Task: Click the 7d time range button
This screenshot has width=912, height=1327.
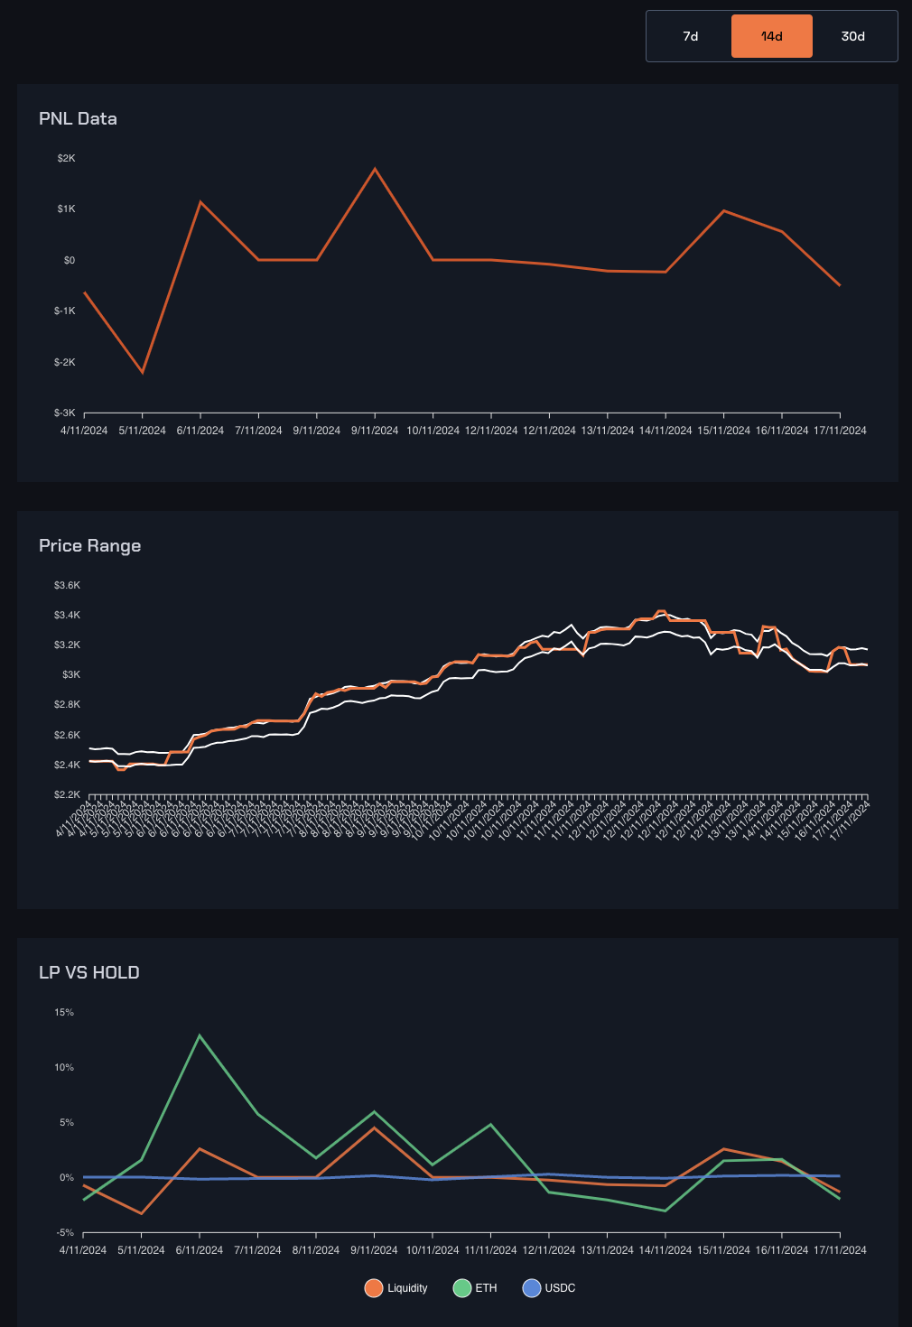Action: coord(690,36)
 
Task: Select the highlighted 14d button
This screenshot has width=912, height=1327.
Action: coord(771,36)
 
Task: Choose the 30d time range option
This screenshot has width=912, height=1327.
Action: coord(852,36)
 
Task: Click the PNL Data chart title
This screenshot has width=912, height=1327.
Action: coord(78,118)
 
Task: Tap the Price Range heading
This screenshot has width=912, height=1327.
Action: coord(89,545)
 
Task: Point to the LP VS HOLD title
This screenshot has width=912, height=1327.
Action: coord(88,972)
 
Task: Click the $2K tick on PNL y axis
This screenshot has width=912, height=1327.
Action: coord(66,158)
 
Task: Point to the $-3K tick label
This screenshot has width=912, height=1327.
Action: coord(64,413)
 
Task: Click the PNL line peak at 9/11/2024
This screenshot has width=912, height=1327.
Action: coord(375,169)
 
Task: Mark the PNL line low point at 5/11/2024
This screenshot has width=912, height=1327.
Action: coord(143,372)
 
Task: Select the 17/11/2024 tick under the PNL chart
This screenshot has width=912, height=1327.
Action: coord(840,431)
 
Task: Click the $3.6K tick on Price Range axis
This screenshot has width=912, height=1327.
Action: coord(67,585)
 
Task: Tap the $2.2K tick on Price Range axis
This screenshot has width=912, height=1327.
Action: coord(67,794)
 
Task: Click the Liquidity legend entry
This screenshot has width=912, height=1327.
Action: coord(396,1288)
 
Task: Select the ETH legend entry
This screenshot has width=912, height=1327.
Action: coord(476,1288)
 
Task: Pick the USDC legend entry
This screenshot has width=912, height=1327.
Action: coord(549,1288)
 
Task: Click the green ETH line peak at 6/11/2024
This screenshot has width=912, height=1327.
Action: coord(200,1035)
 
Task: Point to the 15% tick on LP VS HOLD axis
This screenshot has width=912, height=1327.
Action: coord(64,1012)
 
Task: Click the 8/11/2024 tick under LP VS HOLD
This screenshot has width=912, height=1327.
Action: coord(316,1250)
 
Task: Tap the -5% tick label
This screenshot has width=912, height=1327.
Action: coord(64,1232)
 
